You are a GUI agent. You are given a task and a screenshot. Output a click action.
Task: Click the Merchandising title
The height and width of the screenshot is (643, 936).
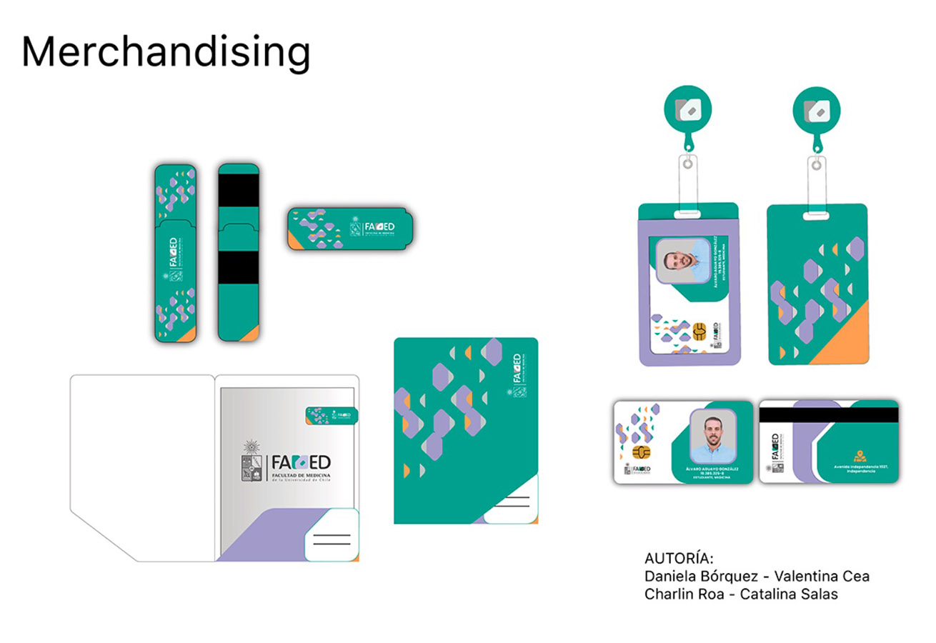(x=166, y=52)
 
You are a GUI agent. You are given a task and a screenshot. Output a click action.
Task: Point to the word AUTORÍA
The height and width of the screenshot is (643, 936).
(x=679, y=558)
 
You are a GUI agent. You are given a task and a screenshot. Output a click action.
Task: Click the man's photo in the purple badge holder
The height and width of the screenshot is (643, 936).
(x=682, y=260)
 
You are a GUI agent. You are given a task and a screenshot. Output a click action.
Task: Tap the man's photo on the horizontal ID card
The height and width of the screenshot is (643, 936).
(x=713, y=436)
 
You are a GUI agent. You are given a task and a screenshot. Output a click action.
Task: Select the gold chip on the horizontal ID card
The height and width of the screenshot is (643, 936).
(x=642, y=454)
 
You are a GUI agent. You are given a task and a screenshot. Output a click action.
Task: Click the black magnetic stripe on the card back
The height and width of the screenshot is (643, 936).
(x=828, y=414)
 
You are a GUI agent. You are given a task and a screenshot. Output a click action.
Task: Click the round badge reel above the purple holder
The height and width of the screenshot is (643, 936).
(x=687, y=109)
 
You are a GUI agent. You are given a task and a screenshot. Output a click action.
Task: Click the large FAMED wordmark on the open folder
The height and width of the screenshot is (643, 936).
(x=301, y=463)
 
